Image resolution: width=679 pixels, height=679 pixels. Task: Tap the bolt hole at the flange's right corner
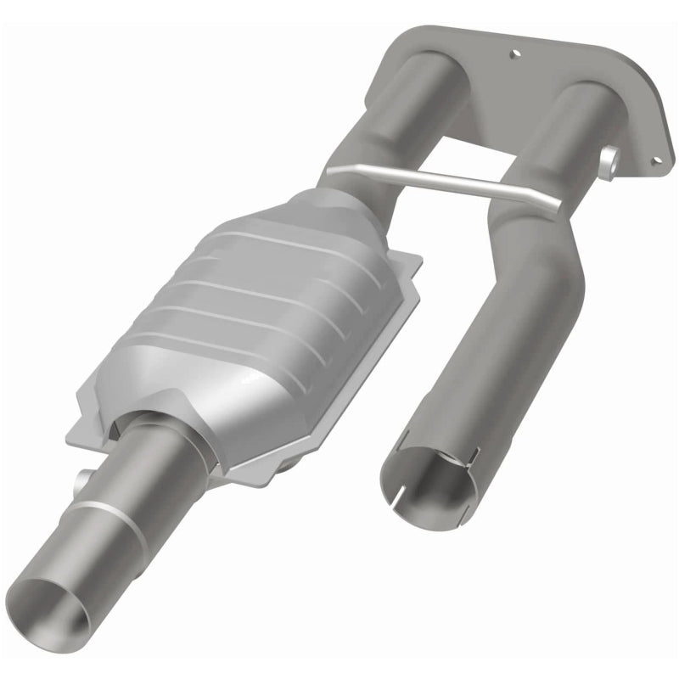tap(654, 158)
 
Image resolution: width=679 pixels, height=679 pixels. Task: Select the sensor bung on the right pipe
tap(609, 161)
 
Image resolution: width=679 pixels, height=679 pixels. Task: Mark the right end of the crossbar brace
tap(556, 206)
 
